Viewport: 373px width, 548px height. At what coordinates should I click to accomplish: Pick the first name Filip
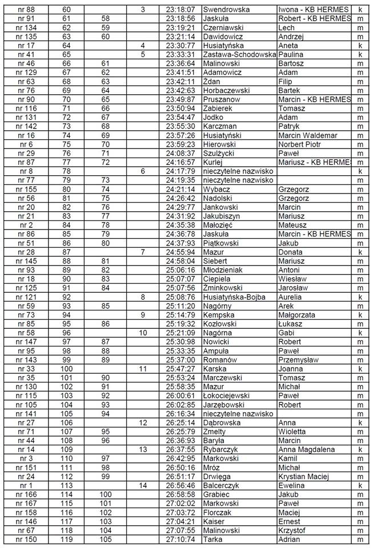point(286,81)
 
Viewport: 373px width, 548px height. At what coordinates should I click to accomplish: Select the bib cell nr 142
point(26,126)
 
